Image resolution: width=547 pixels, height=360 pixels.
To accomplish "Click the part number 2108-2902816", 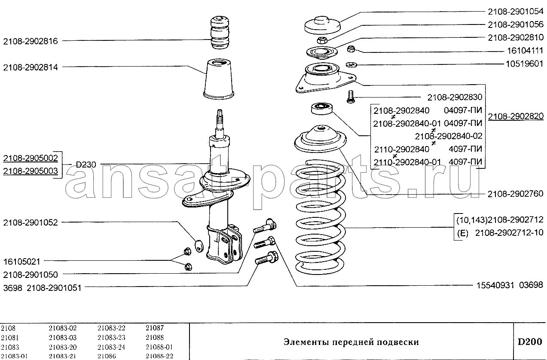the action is [x=31, y=41].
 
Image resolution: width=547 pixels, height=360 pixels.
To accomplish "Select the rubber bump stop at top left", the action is [x=220, y=33].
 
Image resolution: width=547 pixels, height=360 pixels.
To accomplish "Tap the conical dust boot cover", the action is [x=219, y=79].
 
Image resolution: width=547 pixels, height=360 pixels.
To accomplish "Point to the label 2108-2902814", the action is [x=31, y=67].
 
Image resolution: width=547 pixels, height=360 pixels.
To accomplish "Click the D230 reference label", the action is [x=86, y=165].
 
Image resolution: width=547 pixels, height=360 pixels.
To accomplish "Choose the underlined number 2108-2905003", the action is [x=31, y=171].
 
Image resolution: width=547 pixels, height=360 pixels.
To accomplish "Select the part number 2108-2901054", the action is [x=516, y=12].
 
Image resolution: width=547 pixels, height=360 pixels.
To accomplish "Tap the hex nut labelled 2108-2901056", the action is [x=322, y=40].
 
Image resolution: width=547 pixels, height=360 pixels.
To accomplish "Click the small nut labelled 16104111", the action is [x=351, y=49].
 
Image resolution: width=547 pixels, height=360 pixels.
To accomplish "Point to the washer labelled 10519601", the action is [x=351, y=65].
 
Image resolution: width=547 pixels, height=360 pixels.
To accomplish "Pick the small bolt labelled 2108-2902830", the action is [x=351, y=97].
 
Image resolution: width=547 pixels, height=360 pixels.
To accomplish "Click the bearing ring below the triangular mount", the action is [x=322, y=109].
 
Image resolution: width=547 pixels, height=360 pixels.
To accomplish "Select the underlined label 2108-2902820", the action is [x=516, y=116].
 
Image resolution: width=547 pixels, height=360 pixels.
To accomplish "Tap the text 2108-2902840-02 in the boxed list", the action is [x=449, y=136].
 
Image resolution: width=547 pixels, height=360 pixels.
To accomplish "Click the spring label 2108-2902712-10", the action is [x=509, y=232].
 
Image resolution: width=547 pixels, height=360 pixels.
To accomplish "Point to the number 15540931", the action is [x=495, y=285].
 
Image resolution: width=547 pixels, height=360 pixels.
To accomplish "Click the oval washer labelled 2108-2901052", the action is [x=199, y=246].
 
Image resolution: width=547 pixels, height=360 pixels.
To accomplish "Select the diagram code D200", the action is [x=530, y=342].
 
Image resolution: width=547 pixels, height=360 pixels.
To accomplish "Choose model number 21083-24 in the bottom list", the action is [x=111, y=347].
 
